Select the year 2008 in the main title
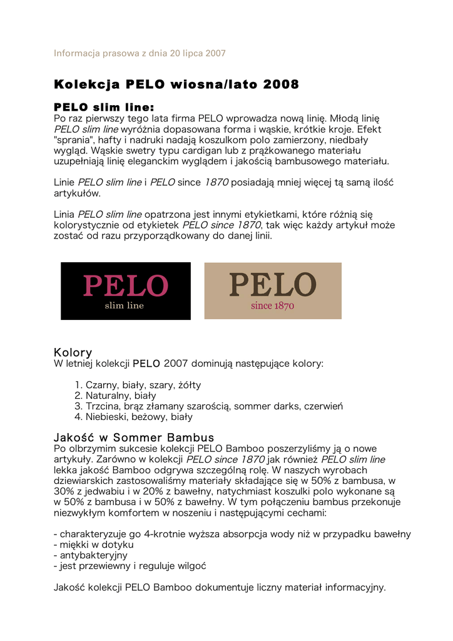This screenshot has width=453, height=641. (281, 84)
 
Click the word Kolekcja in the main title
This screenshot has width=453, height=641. (87, 84)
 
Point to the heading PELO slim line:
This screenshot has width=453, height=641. (104, 107)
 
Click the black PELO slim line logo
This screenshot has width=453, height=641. (125, 291)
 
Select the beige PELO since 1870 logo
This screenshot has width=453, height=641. (273, 291)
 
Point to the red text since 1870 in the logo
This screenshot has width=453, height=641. (272, 306)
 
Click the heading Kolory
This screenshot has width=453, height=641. (73, 352)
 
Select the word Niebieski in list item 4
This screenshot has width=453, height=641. (106, 417)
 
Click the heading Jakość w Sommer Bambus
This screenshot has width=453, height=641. (134, 438)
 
